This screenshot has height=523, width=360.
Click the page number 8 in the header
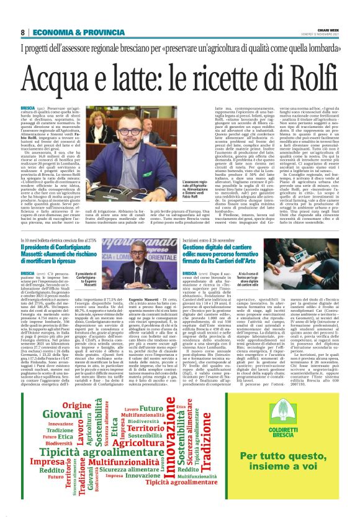click(22, 32)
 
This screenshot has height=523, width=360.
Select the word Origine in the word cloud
click(76, 406)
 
